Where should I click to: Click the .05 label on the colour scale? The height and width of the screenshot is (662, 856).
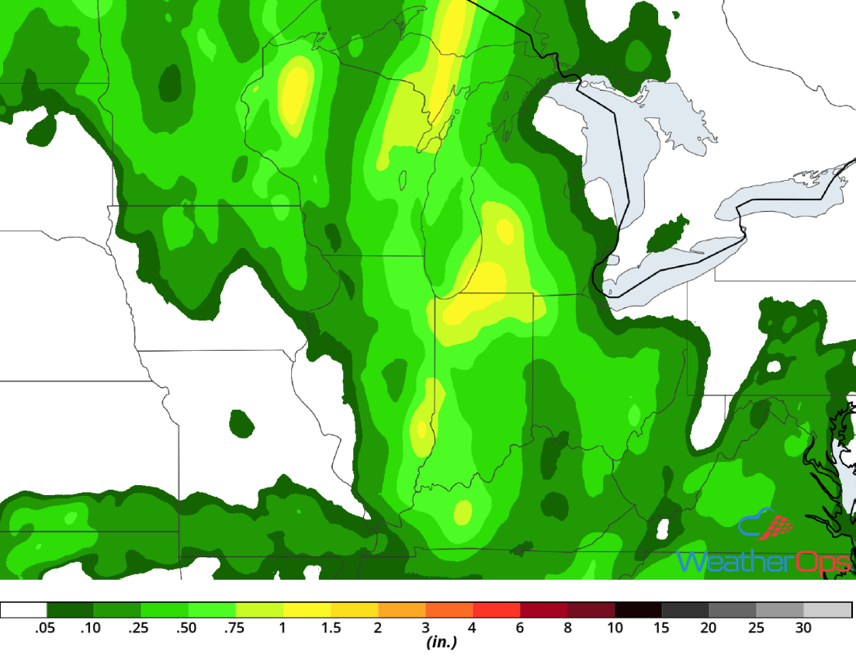(x=46, y=628)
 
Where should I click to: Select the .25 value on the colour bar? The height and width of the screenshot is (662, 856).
(x=140, y=628)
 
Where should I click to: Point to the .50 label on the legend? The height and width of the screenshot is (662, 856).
(x=187, y=628)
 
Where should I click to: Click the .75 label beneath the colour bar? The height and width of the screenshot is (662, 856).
(x=234, y=628)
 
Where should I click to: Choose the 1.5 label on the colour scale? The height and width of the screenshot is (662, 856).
(x=331, y=628)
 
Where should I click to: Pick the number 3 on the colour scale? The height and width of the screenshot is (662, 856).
(x=425, y=628)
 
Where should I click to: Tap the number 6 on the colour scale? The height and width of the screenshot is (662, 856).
(x=520, y=628)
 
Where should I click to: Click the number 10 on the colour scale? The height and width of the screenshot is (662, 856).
(x=615, y=628)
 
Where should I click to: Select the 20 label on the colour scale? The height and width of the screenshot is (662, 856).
(x=709, y=628)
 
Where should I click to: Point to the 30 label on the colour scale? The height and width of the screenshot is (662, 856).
(x=803, y=628)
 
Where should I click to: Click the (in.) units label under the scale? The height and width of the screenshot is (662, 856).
(x=440, y=643)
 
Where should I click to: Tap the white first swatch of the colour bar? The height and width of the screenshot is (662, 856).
(x=24, y=610)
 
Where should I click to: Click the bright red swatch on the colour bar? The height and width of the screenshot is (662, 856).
(x=496, y=610)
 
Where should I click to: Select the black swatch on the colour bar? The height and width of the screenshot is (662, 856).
(x=639, y=610)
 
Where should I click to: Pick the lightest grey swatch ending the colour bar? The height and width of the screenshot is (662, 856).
(x=827, y=610)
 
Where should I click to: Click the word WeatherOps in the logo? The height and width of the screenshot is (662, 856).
(x=764, y=560)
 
